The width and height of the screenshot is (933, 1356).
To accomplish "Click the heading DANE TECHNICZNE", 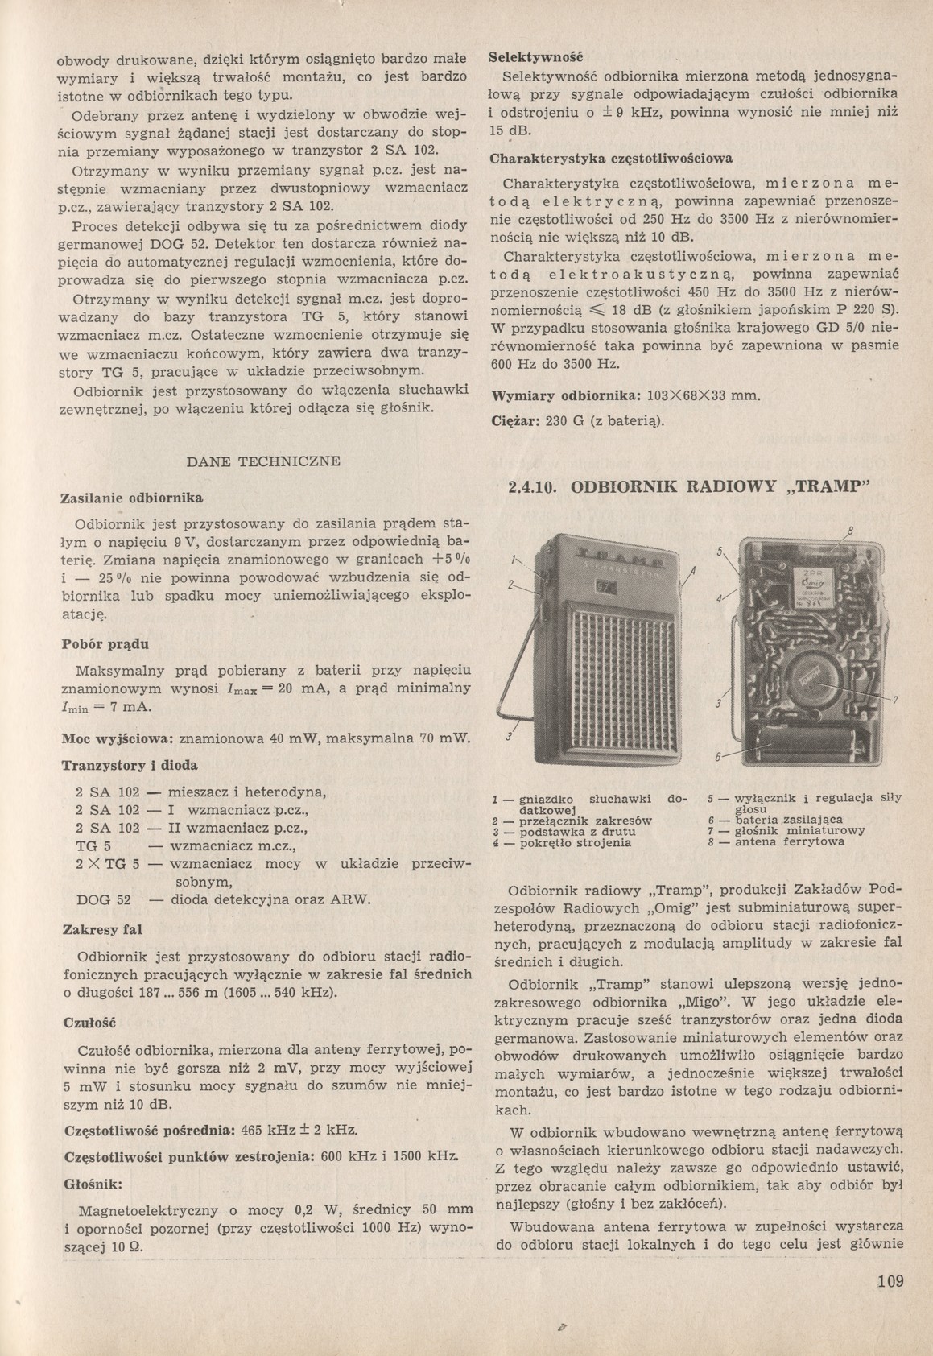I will click(263, 461).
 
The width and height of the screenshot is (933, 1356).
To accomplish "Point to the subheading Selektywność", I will click(535, 57).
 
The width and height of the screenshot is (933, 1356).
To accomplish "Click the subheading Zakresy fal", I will click(102, 928).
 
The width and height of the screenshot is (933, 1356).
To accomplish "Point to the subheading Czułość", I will click(89, 1022).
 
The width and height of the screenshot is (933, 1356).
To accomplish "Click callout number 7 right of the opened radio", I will click(894, 698).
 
